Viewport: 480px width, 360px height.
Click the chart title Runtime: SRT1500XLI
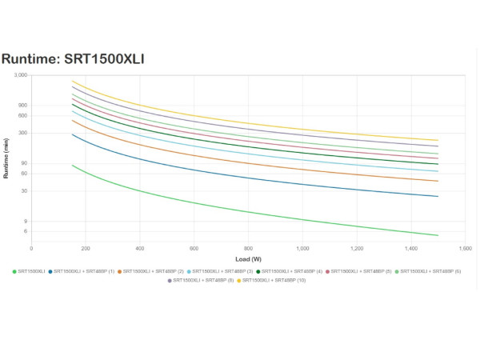(x=73, y=58)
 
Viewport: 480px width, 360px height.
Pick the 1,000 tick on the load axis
(x=303, y=249)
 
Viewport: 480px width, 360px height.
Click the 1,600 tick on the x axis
(x=466, y=249)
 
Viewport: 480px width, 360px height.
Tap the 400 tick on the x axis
(x=140, y=249)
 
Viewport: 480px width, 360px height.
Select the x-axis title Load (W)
(x=249, y=259)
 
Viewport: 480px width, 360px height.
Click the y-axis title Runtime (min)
(x=6, y=158)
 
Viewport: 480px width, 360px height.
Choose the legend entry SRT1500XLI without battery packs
(x=30, y=272)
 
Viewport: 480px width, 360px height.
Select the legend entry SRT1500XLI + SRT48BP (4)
(x=290, y=272)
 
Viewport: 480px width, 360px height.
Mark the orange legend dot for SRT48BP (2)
(x=119, y=272)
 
